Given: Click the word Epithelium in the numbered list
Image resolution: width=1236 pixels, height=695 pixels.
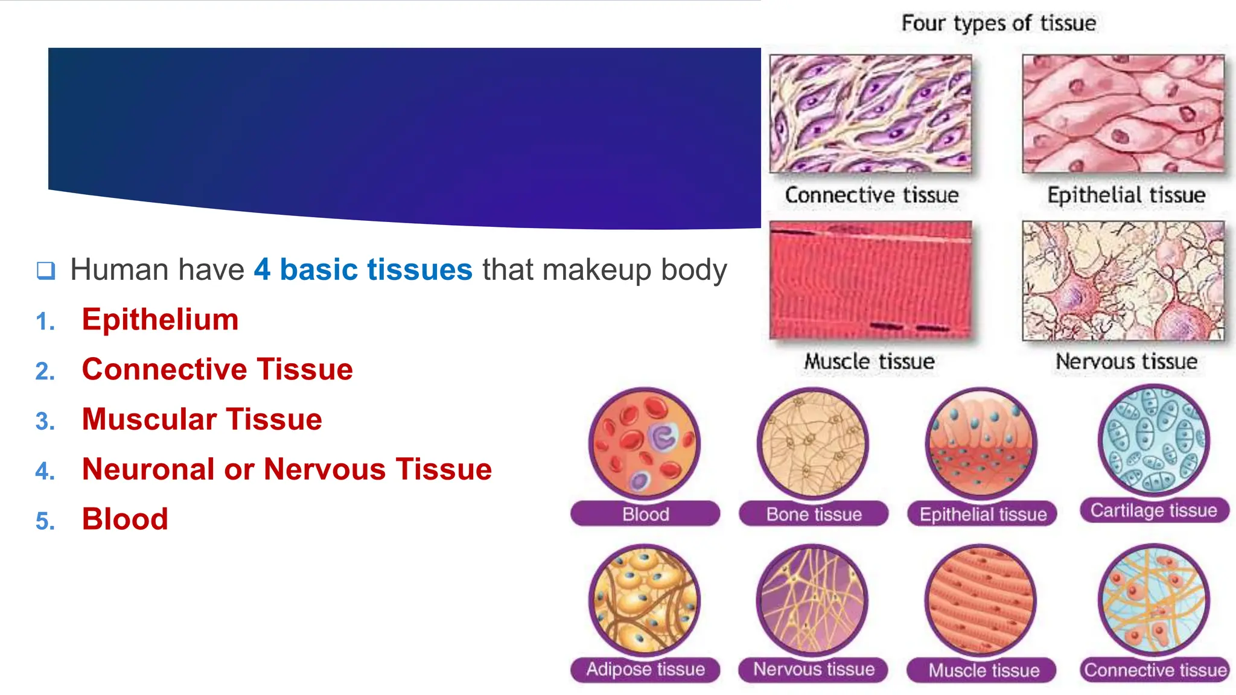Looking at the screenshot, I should coord(160,319).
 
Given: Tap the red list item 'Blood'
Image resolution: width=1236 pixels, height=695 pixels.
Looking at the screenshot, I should coord(125,519).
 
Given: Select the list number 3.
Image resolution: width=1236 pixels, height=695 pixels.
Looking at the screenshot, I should coord(45,421).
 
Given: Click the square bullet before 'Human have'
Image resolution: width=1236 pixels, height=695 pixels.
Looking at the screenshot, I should coord(46,270).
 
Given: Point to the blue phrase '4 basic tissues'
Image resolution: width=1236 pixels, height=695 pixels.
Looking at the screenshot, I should coord(363,269).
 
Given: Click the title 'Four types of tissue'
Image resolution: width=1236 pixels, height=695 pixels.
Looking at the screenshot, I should coord(998,23).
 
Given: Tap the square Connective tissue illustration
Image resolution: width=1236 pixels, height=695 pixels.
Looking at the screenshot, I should coord(870,113).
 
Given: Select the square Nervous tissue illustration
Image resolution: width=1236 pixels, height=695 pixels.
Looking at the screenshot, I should coord(1123,281).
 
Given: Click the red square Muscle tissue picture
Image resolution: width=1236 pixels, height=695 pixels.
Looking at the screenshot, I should coord(870,279).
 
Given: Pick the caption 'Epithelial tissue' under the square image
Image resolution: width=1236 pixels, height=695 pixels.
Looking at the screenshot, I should coord(1126,195).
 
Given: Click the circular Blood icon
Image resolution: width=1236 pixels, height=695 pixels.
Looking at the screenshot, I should coord(645,443).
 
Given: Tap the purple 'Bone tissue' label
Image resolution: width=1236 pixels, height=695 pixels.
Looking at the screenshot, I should coord(814,514).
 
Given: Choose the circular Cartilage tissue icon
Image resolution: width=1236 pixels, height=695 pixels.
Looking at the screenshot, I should coord(1153,440).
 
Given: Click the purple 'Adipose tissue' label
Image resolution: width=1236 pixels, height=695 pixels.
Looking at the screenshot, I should coord(645,669).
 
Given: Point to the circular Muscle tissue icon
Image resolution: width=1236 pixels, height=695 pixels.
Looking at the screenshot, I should coord(981,601).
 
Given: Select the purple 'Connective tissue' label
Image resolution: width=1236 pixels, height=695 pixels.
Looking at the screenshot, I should coord(1155,670).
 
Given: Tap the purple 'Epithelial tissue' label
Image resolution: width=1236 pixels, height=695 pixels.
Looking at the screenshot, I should coord(983,514).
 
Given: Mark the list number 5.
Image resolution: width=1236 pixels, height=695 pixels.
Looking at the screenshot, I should coord(45,521).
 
